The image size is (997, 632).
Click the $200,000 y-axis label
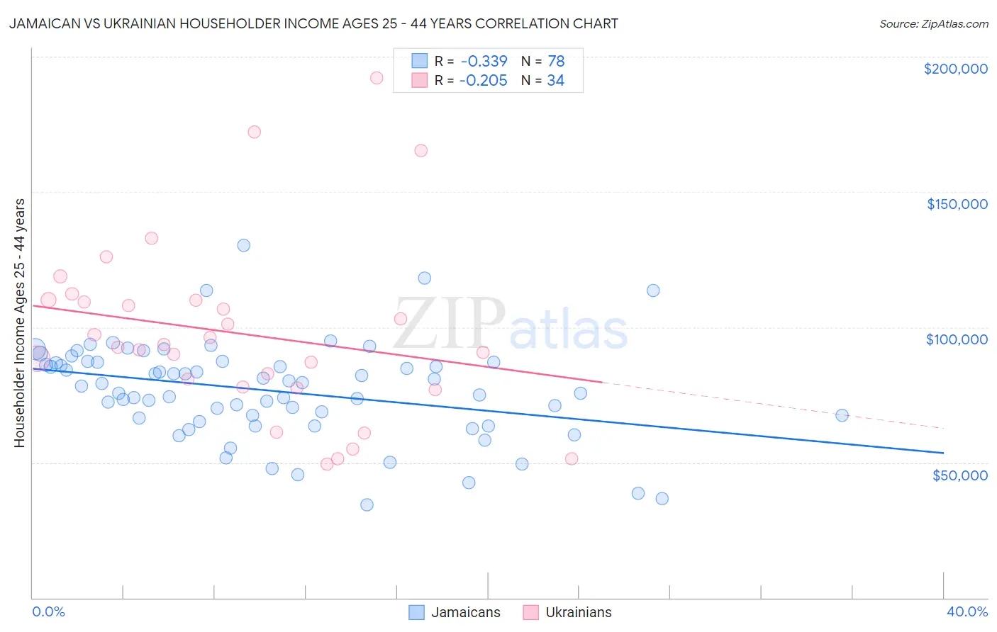pos(955,69)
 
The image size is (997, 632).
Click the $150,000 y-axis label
pos(957,204)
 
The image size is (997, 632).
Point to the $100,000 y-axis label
pos(957,339)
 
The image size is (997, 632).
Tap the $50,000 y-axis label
pos(959,475)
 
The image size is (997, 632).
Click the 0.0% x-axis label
pos(48,611)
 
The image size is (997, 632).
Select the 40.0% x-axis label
pos(967,611)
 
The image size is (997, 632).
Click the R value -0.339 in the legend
pos(483,61)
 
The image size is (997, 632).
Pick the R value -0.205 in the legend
pos(483,81)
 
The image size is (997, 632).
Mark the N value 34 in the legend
pos(555,81)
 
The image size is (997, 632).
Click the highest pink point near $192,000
pos(377,78)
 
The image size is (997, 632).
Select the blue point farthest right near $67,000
pos(842,415)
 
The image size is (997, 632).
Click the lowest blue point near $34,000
pos(367,504)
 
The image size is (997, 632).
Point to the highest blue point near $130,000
pos(243,245)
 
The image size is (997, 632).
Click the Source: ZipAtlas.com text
pos(933,24)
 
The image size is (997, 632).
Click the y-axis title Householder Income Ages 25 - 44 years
pos(20,323)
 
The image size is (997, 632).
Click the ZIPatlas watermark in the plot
pos(510,325)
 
